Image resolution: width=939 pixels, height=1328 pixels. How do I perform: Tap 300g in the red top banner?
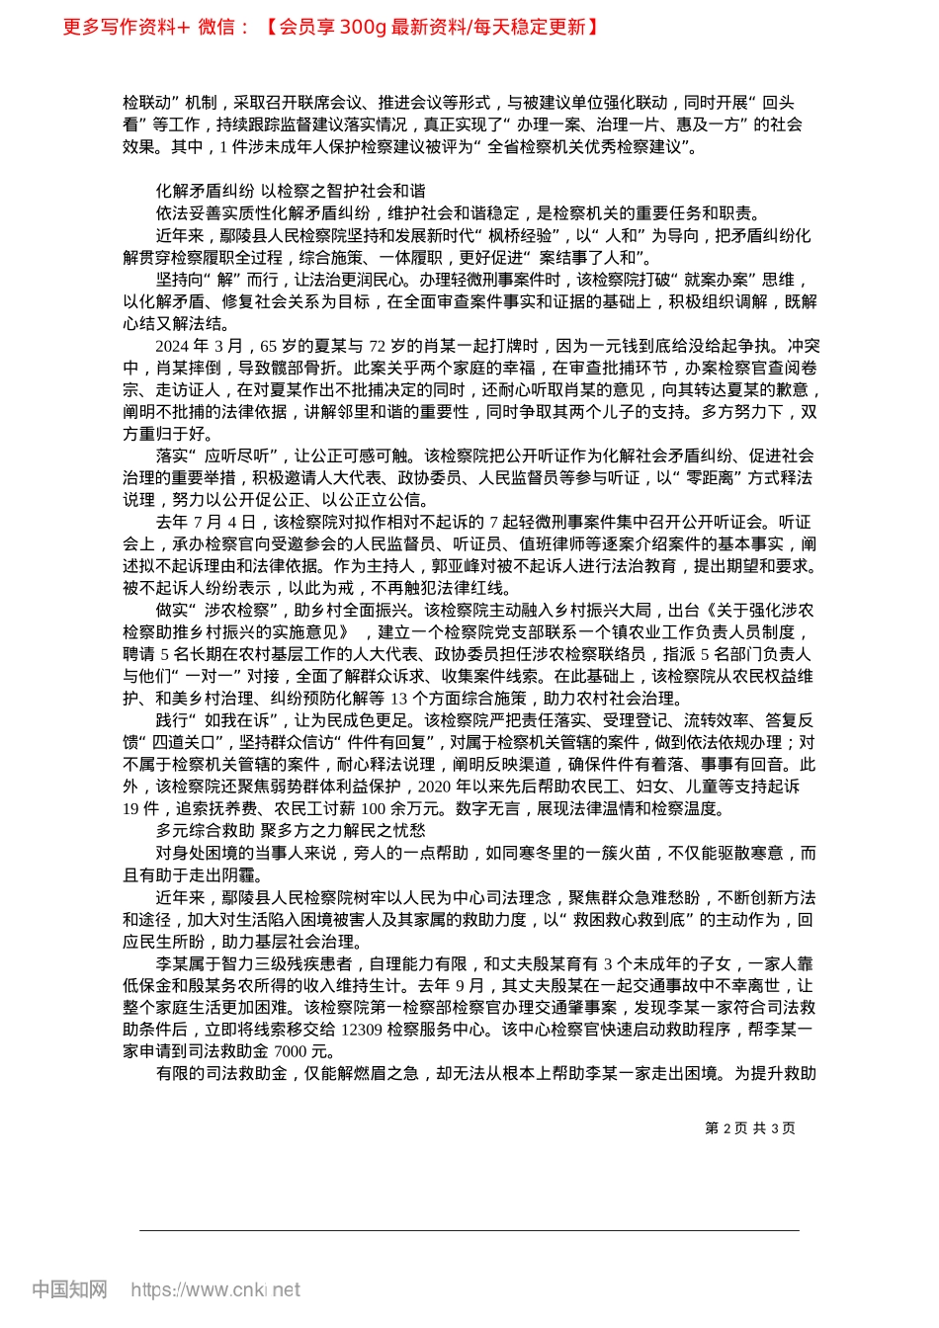tap(362, 27)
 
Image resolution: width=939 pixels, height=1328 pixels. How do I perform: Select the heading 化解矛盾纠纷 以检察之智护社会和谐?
tap(291, 191)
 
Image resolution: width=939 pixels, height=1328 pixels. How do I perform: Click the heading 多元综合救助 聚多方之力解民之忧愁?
tap(291, 830)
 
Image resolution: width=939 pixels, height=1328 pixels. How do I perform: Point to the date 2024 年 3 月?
tap(199, 346)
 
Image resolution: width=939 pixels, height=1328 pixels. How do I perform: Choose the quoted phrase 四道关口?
tap(184, 742)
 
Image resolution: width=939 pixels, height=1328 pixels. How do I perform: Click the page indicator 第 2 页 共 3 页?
tap(750, 1128)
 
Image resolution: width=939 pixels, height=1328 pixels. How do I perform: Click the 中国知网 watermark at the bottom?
tap(69, 1289)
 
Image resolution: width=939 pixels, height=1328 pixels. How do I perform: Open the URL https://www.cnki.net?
tap(214, 1289)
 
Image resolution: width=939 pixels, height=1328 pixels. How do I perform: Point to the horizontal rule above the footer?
tap(469, 1230)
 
